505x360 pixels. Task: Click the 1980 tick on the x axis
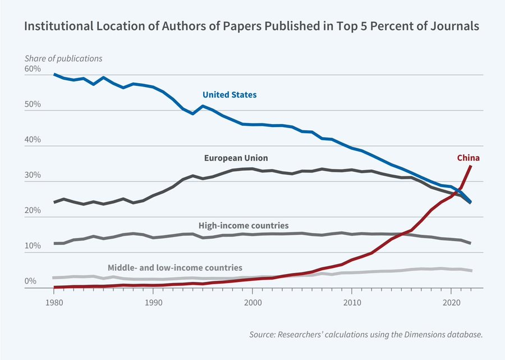54,302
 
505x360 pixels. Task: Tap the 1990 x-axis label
153,302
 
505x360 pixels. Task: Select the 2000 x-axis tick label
252,302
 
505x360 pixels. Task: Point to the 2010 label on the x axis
352,302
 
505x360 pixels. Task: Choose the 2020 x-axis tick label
451,302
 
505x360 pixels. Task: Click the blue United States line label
229,95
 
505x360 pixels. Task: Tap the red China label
467,158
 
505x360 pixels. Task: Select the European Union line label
236,158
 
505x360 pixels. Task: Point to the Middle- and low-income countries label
175,267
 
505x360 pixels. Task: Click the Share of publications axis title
63,58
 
